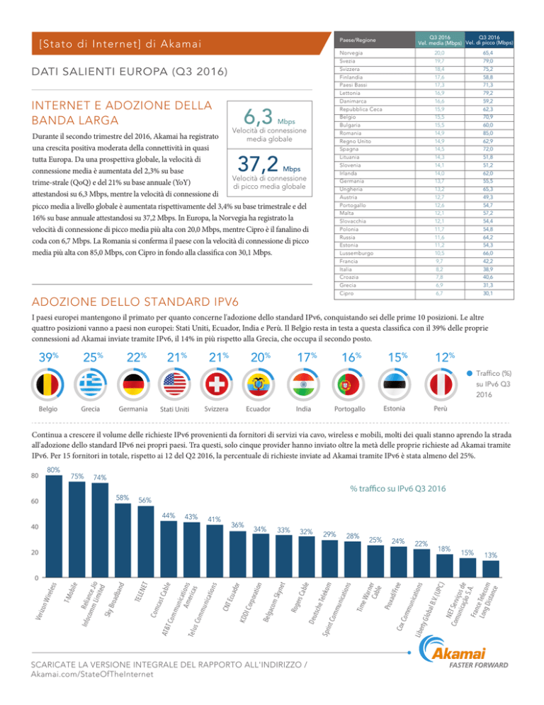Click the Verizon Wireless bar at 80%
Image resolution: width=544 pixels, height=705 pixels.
(55, 526)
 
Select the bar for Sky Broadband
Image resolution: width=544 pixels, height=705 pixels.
(123, 540)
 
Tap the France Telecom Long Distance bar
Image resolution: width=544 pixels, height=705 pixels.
(491, 569)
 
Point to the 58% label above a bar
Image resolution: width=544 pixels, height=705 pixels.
(123, 498)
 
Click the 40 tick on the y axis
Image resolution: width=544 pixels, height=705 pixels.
(35, 526)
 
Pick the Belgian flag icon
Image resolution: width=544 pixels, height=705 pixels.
(47, 385)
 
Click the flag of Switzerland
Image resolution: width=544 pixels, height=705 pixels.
(216, 385)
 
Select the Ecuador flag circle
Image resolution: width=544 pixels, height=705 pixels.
(259, 385)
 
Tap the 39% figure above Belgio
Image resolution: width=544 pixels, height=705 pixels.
(48, 357)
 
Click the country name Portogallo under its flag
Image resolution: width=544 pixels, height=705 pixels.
(349, 409)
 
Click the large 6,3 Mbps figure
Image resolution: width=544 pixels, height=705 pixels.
(269, 117)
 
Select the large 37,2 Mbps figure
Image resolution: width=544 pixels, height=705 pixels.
(268, 164)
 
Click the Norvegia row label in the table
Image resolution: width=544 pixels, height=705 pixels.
(351, 53)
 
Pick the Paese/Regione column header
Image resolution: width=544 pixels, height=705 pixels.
(358, 40)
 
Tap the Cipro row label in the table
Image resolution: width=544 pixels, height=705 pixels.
(346, 293)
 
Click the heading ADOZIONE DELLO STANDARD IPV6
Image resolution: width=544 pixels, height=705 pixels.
(135, 301)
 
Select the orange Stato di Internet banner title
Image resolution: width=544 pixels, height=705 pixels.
(120, 43)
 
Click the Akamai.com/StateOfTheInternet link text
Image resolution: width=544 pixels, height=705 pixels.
(92, 674)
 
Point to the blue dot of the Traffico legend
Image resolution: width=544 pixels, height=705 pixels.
(470, 373)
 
